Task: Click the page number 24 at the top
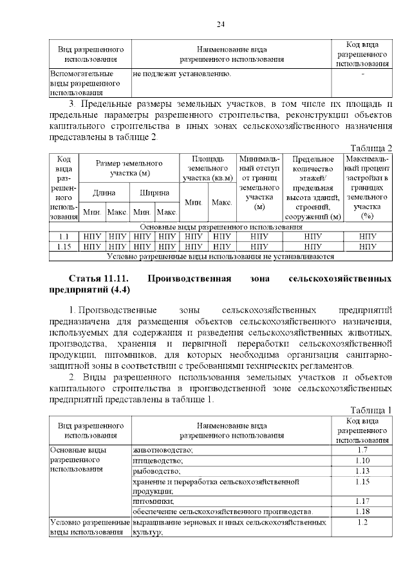pyautogui.click(x=220, y=24)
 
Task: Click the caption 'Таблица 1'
pyautogui.click(x=371, y=410)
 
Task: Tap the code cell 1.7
pyautogui.click(x=362, y=449)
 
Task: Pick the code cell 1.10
pyautogui.click(x=362, y=460)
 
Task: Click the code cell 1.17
pyautogui.click(x=362, y=501)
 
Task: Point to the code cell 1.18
pyautogui.click(x=362, y=511)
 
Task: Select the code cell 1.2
pyautogui.click(x=362, y=522)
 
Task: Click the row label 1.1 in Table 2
pyautogui.click(x=64, y=236)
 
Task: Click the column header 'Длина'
pyautogui.click(x=104, y=192)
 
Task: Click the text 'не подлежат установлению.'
pyautogui.click(x=182, y=74)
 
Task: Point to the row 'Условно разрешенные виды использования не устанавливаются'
pyautogui.click(x=220, y=255)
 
